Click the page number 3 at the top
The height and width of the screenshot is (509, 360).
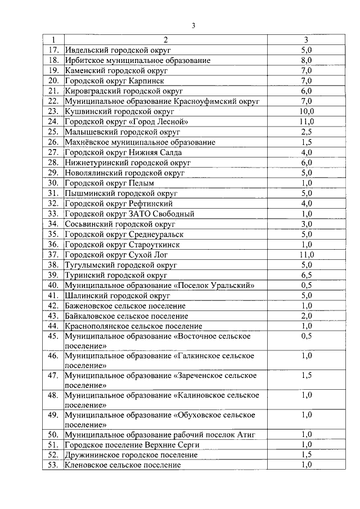(x=193, y=25)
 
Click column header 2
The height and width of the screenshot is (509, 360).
(x=166, y=40)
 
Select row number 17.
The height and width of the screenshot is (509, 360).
(x=54, y=50)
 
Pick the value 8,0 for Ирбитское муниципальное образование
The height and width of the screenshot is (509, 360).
(x=306, y=60)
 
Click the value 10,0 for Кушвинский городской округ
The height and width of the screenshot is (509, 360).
(x=306, y=111)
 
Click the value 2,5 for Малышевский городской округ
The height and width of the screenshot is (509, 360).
(x=306, y=132)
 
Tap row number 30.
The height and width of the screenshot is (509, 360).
(x=54, y=183)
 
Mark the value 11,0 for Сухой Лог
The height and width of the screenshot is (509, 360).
(x=306, y=255)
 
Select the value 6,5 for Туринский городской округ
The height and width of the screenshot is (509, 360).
(x=306, y=275)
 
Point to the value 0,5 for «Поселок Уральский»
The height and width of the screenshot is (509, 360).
(x=306, y=285)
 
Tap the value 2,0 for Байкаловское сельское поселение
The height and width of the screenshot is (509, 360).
(x=306, y=316)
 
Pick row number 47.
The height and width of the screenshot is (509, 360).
(x=54, y=375)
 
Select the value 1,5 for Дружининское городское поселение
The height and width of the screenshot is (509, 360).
(x=306, y=455)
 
